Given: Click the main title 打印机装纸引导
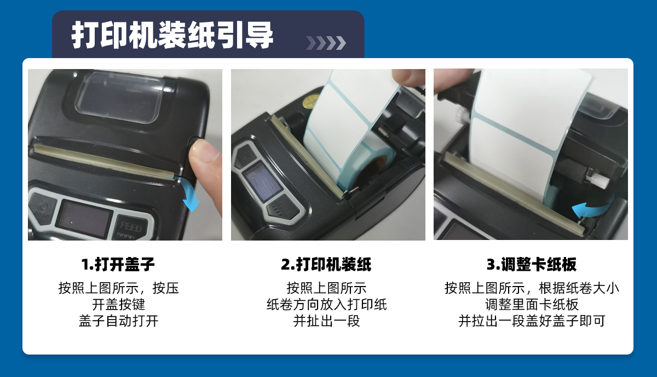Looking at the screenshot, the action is point(172,35).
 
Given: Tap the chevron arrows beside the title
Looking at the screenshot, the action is point(326,43).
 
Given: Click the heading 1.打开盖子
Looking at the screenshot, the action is point(118,264).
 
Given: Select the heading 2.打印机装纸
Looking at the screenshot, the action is point(326,264).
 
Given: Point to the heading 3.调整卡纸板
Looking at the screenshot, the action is point(532,264).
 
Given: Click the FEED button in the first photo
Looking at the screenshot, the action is point(130,227).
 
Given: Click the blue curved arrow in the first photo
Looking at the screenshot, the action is point(190,194).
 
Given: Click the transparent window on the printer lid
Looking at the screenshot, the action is point(119,96).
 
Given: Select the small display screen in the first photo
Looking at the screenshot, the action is point(84,219).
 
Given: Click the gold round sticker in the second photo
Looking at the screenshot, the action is point(311,101).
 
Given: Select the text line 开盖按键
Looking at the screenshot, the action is point(118,305).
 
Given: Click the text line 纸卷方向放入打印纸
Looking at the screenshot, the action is point(326,305).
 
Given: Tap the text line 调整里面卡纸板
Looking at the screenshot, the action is point(532,305).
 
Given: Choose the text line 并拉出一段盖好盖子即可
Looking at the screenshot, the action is point(532,321).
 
